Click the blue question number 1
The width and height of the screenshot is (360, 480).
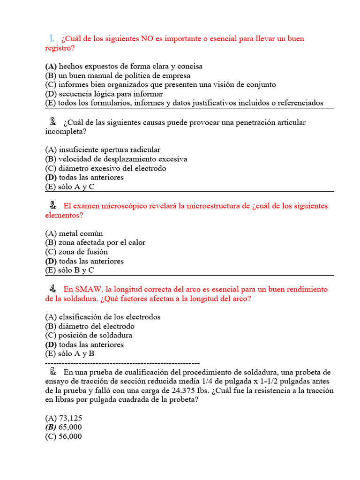pos(52,38)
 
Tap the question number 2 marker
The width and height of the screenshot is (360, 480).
pos(52,122)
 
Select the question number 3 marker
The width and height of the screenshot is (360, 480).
pos(52,205)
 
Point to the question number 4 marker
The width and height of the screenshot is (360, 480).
pos(53,289)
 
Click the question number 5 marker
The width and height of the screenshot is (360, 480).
pos(53,372)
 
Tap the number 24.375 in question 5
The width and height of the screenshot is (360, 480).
pos(183,391)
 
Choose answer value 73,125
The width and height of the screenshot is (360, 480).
pos(70,418)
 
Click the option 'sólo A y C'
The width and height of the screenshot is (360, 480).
pos(76,187)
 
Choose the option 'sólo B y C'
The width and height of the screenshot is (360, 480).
pos(76,270)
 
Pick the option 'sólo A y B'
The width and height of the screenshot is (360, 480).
pos(76,354)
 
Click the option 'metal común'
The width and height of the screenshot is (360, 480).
pos(81,233)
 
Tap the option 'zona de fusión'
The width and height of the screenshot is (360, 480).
pos(83,252)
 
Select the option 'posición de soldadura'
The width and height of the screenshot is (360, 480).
pos(95,335)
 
